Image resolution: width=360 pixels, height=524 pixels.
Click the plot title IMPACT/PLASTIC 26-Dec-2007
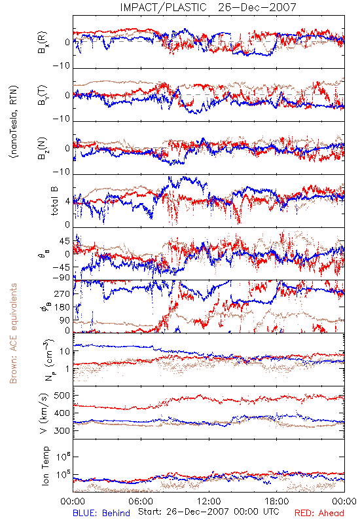point(208,7)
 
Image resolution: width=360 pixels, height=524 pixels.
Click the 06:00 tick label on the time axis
point(141,502)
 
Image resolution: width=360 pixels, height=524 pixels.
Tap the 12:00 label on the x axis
point(209,502)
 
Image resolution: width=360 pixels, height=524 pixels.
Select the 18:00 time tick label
point(277,502)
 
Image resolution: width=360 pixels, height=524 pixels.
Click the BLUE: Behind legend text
point(101,513)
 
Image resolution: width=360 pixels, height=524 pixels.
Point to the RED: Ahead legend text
point(319,513)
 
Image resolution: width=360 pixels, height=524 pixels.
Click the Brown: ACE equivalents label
point(13,333)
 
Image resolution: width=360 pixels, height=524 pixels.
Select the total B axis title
point(54,200)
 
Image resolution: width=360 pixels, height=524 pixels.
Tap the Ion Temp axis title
point(45,466)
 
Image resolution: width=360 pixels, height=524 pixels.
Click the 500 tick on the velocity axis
point(62,396)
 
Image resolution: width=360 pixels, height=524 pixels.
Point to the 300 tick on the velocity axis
point(62,430)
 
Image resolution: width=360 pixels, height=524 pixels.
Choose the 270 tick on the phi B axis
point(62,293)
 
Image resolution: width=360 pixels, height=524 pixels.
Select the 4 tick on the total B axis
point(67,202)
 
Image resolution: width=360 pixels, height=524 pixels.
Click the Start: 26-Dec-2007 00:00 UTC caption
point(208,512)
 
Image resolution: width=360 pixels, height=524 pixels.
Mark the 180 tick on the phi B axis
point(62,307)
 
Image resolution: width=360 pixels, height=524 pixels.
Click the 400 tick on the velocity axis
point(62,413)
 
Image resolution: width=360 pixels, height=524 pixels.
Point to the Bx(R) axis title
point(43,43)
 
